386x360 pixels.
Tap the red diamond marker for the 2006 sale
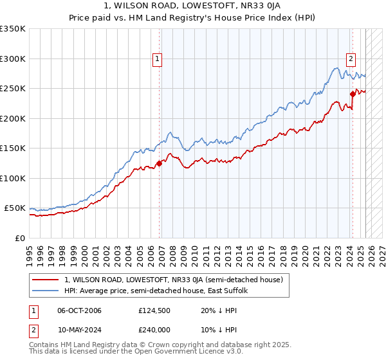pyautogui.click(x=159, y=163)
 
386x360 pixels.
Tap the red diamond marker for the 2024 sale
pyautogui.click(x=353, y=94)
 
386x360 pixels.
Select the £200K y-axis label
pyautogui.click(x=14, y=118)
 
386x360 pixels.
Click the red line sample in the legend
pyautogui.click(x=45, y=280)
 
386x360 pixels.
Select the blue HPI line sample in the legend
pyautogui.click(x=45, y=291)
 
